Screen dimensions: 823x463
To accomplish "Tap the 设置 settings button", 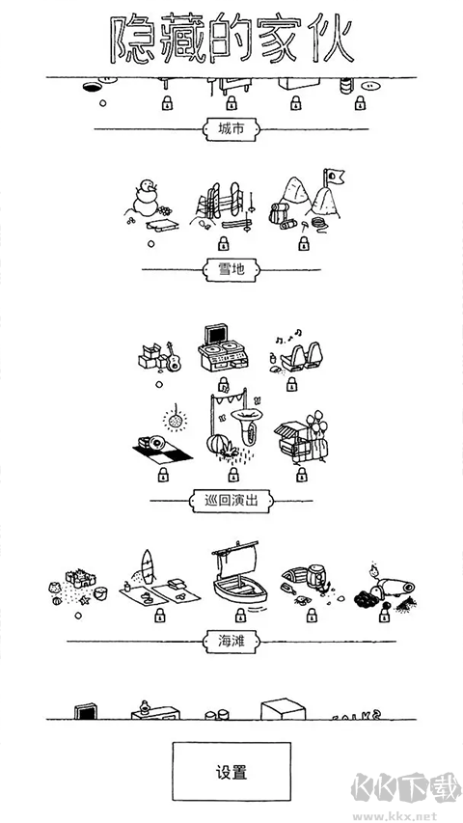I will (231, 772).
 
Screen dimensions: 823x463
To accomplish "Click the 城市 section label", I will (231, 128).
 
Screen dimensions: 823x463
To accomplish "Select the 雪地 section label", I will (231, 270).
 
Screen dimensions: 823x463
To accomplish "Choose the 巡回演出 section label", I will (231, 501).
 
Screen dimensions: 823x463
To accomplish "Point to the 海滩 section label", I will (231, 641).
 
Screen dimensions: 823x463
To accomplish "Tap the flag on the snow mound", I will (337, 178).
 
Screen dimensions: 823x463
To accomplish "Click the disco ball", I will (177, 418).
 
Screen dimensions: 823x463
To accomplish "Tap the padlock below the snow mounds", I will (304, 244).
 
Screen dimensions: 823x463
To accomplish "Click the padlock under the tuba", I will (231, 475).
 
